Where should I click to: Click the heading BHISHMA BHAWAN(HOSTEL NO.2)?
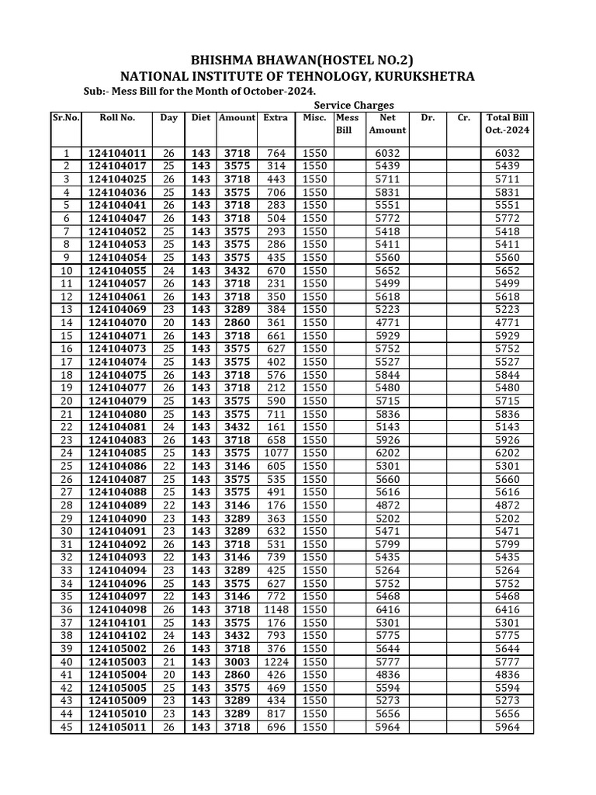[297, 61]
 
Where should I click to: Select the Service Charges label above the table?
[354, 105]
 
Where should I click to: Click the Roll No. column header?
[117, 118]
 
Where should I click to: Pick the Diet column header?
[201, 118]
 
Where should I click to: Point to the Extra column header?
[275, 118]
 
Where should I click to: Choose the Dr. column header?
[428, 118]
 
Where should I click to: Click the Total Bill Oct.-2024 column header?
[508, 124]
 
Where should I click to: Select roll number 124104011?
[117, 154]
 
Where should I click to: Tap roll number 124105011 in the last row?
[117, 727]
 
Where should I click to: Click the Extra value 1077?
[275, 453]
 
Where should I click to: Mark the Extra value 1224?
[275, 662]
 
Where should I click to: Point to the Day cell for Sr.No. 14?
[168, 323]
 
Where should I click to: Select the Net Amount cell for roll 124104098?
[387, 610]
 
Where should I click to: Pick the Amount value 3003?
[237, 662]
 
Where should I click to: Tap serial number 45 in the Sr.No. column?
[66, 727]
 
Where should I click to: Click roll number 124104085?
[117, 453]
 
